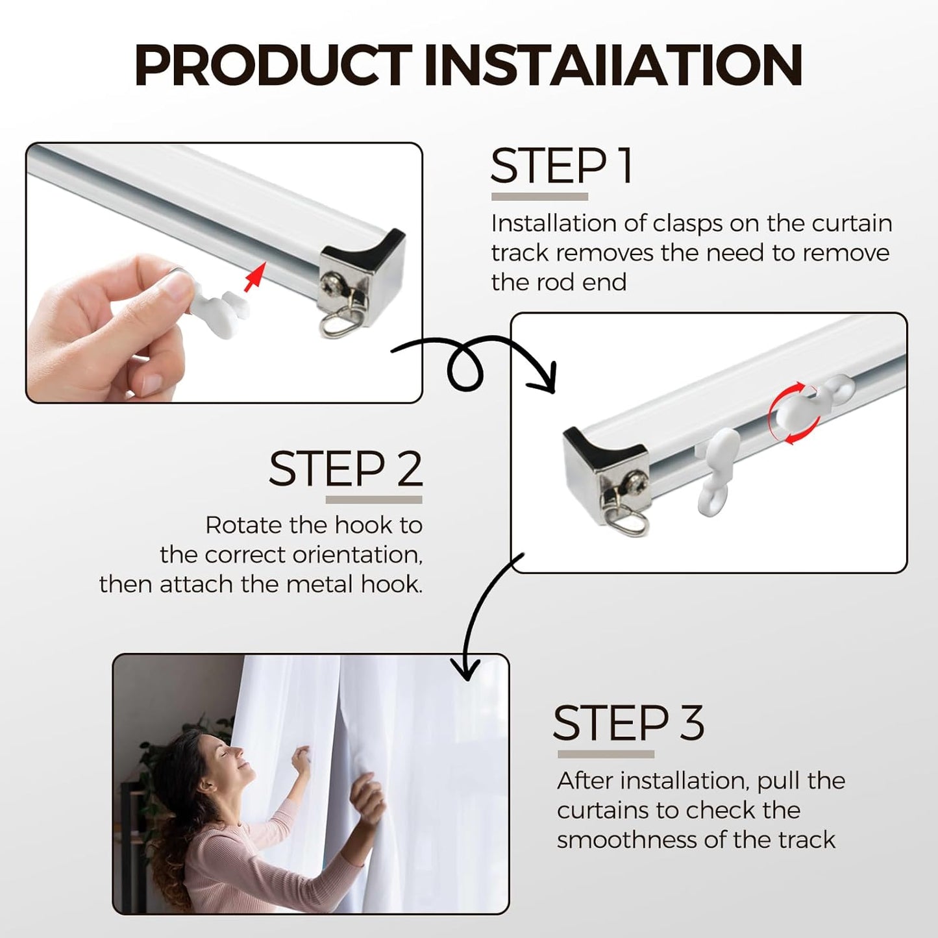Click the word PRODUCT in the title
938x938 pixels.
click(x=273, y=65)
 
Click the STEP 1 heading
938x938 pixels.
click(x=562, y=166)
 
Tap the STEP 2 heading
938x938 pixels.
click(x=345, y=469)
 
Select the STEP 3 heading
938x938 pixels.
click(x=628, y=723)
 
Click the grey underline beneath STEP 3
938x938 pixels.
click(x=606, y=754)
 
